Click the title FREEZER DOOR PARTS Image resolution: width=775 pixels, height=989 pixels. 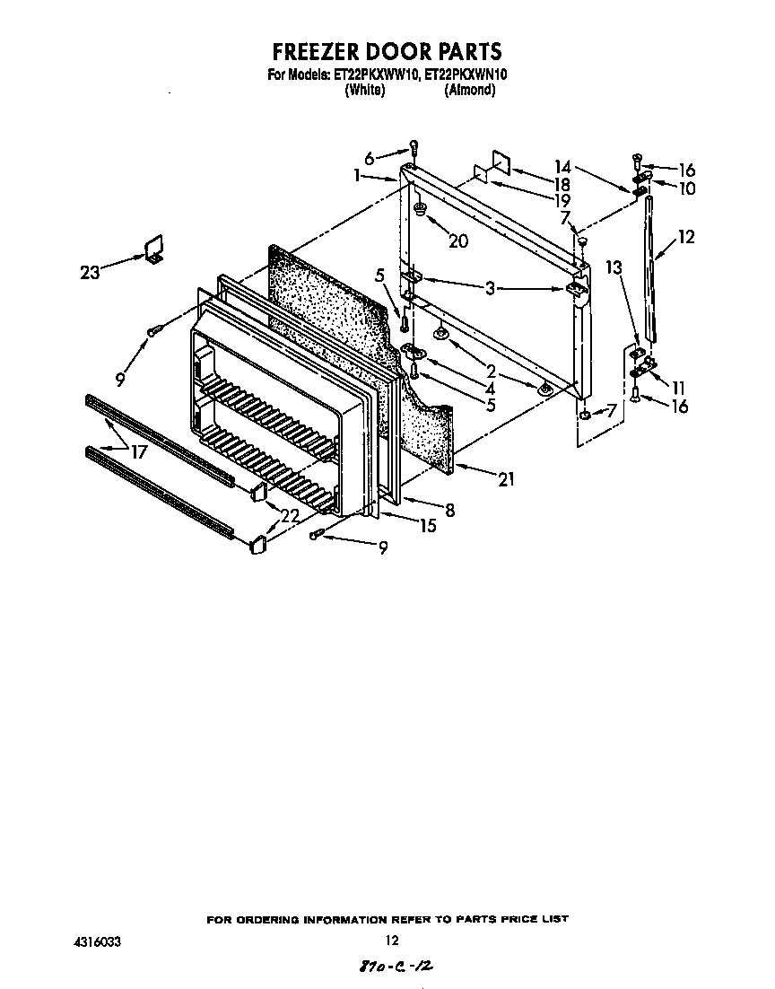387,51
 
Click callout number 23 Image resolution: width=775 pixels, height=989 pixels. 90,272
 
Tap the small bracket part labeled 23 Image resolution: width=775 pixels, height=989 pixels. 153,249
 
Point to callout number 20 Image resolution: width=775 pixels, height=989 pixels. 457,241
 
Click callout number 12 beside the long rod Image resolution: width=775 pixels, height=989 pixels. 686,238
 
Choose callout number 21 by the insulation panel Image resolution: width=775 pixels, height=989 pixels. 506,479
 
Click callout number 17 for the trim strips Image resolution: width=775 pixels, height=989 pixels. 138,453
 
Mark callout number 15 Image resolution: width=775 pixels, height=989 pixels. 427,526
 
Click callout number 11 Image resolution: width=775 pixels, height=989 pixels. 679,388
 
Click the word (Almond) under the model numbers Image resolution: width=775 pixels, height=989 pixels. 470,91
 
